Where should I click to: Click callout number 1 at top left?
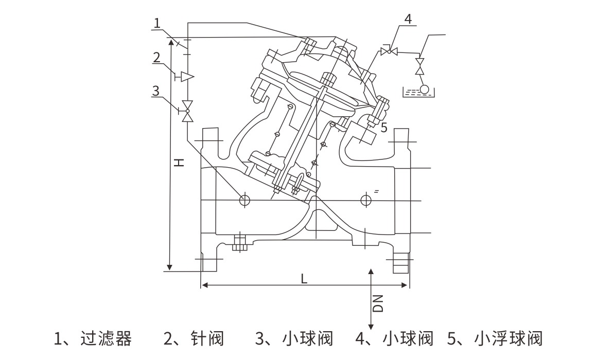(x=157, y=22)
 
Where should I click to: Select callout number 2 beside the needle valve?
(x=157, y=57)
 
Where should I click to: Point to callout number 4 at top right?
(x=408, y=20)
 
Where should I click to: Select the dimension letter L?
(x=304, y=278)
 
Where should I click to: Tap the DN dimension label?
(x=378, y=303)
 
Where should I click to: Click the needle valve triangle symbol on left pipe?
(x=187, y=77)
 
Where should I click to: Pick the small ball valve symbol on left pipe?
(x=187, y=110)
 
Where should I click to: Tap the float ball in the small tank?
(x=425, y=89)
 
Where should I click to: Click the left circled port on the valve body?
(x=244, y=200)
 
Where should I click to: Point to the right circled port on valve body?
(x=366, y=200)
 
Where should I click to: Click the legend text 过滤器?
(x=106, y=339)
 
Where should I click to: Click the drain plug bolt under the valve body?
(x=238, y=243)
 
